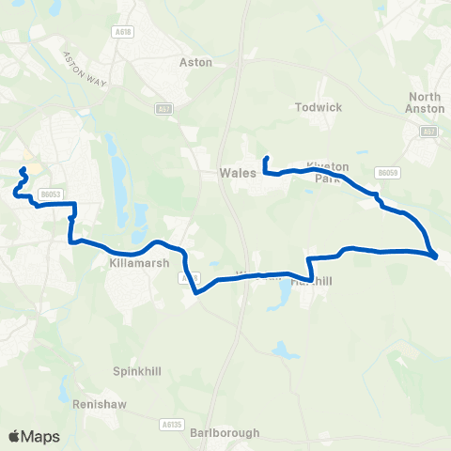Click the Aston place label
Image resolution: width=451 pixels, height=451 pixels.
coord(195,62)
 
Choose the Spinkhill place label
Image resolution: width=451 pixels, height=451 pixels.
coord(137,371)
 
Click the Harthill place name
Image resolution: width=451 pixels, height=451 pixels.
coord(314,280)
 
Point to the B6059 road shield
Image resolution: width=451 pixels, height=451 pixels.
coord(386,172)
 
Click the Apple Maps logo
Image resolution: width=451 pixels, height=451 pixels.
coord(35,436)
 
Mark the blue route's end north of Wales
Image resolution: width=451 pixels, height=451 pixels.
coord(267,158)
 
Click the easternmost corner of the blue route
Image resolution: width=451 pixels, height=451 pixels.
coord(436,255)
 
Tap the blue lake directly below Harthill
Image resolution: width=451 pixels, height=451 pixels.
coord(281,300)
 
